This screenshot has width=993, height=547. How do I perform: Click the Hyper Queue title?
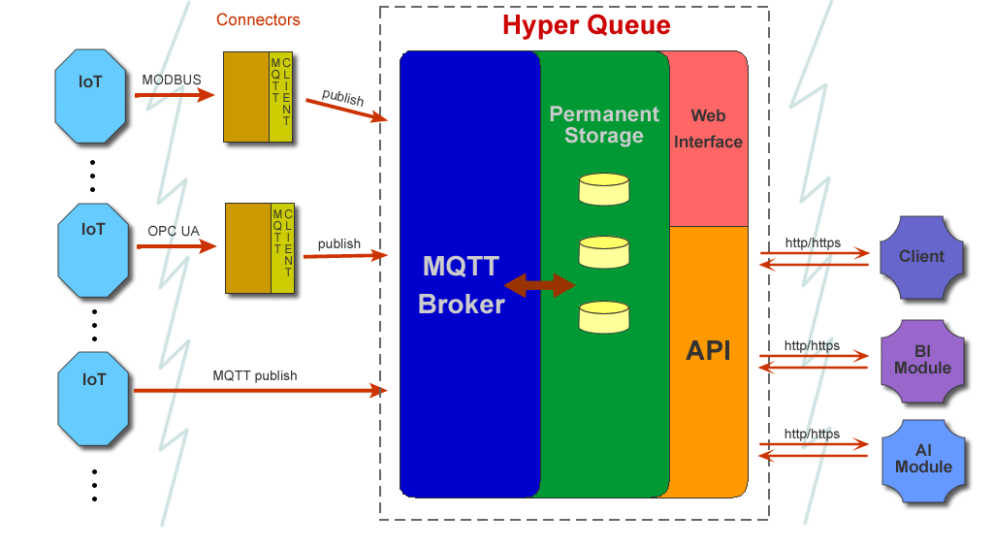tap(586, 25)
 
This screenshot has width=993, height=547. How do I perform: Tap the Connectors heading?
tap(258, 19)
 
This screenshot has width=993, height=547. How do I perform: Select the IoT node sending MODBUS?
tap(91, 93)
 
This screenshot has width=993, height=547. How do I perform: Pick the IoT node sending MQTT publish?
tap(93, 393)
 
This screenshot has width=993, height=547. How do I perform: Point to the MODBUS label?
tap(172, 79)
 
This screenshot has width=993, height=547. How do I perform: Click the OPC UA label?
tap(174, 231)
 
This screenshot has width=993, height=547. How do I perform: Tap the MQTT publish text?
tap(255, 375)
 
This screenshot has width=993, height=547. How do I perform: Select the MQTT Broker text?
tap(461, 285)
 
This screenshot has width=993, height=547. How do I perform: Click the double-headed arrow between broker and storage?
tap(540, 285)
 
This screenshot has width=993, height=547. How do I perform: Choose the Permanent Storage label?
tap(603, 124)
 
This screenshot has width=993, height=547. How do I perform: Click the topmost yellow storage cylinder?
tap(603, 189)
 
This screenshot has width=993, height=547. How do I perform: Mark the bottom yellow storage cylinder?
tap(603, 317)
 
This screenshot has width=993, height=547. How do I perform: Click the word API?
tap(708, 351)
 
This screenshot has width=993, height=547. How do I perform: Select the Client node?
tap(921, 257)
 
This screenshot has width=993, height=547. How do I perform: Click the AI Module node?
tap(923, 459)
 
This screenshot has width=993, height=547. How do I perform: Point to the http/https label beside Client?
tap(813, 242)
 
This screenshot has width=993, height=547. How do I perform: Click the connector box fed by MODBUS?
tap(258, 97)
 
